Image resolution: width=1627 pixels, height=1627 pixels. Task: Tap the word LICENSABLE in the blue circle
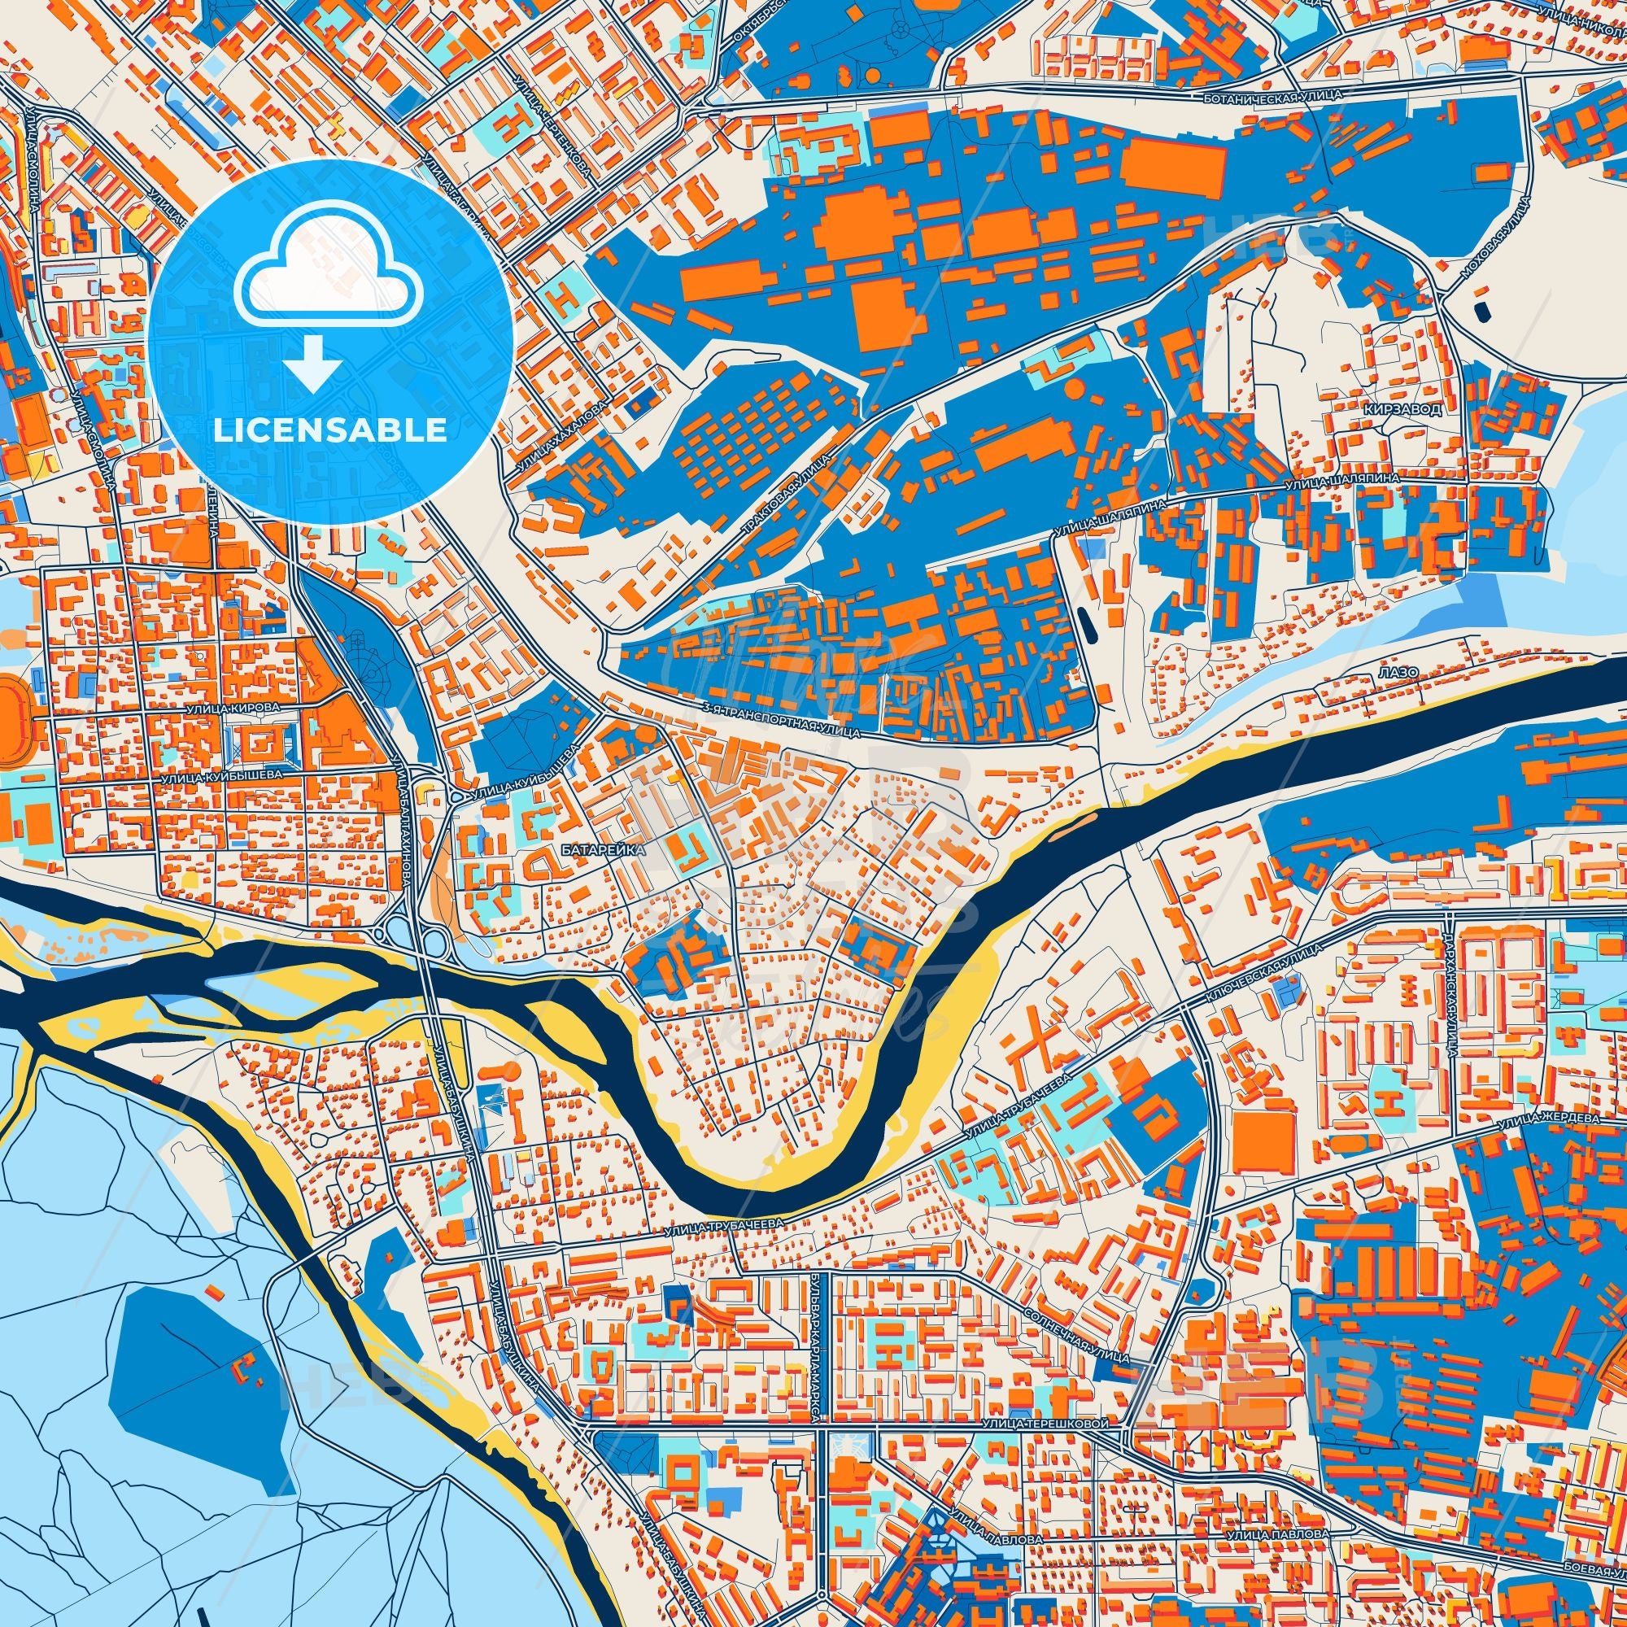pos(330,430)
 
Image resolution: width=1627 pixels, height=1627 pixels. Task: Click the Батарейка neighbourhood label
pos(602,851)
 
